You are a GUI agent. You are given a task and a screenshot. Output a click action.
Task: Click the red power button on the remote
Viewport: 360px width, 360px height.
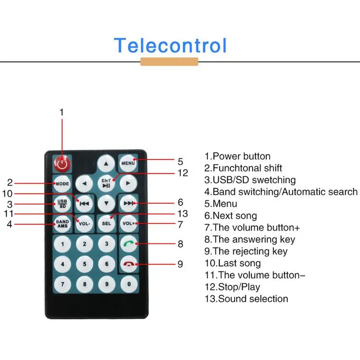[62, 163]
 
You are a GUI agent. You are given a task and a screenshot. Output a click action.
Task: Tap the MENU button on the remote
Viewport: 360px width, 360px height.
[128, 162]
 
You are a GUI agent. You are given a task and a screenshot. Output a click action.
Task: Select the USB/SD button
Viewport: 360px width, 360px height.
[62, 203]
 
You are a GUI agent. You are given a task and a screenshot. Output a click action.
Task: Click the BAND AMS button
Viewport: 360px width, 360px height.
[62, 223]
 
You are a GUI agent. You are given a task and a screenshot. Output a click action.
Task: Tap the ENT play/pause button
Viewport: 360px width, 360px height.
[106, 183]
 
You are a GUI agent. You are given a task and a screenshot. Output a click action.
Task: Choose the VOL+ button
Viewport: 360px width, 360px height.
[128, 223]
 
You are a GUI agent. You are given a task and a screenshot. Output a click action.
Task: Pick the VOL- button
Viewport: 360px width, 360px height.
[84, 223]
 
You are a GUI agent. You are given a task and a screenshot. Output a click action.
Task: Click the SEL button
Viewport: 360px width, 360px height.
[106, 223]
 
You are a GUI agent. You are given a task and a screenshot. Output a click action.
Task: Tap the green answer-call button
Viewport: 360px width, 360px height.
[129, 244]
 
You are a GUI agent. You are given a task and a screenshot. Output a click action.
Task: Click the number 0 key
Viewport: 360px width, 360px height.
[129, 284]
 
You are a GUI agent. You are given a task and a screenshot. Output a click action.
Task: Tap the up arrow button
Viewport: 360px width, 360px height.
[106, 163]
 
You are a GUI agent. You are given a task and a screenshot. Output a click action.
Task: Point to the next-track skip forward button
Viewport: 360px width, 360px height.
[129, 203]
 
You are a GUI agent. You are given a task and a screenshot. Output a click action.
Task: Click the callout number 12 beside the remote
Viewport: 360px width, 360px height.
[182, 172]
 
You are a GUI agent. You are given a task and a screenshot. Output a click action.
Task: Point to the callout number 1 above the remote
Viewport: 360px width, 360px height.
[62, 112]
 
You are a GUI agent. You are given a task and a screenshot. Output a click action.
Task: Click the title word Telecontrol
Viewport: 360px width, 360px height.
[170, 45]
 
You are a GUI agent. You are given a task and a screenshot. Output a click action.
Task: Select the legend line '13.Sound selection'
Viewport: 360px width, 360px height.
[246, 298]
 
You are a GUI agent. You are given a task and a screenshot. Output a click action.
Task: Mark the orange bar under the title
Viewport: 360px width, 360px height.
[169, 62]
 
